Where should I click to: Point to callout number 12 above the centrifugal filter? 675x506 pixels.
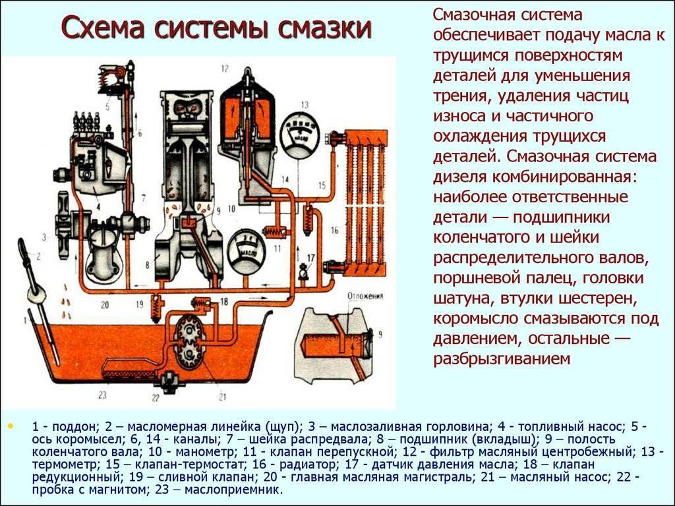click(x=224, y=69)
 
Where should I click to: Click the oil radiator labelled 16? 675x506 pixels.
click(x=366, y=198)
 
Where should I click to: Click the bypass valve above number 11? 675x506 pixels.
click(x=274, y=231)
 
